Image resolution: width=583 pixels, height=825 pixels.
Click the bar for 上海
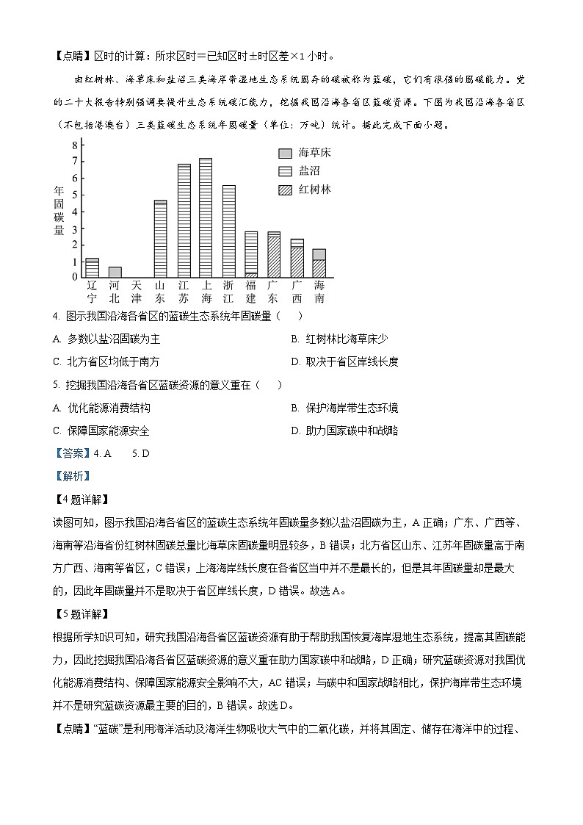[206, 217]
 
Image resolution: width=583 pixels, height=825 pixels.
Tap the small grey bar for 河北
[115, 272]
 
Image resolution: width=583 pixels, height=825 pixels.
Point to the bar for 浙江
[228, 231]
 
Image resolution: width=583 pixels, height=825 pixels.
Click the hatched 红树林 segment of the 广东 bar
[273, 256]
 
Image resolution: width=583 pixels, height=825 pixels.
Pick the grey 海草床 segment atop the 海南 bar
[319, 254]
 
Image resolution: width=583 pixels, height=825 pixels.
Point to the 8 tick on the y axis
[74, 145]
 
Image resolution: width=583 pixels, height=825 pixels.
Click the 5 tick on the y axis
[74, 195]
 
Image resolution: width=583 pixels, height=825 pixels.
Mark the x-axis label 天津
[137, 291]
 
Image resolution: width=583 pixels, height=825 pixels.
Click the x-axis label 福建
[251, 291]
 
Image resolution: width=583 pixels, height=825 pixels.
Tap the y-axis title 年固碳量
[59, 210]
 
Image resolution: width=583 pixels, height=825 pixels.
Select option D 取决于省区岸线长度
[344, 361]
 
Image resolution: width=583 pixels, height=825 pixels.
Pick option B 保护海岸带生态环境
[344, 408]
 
